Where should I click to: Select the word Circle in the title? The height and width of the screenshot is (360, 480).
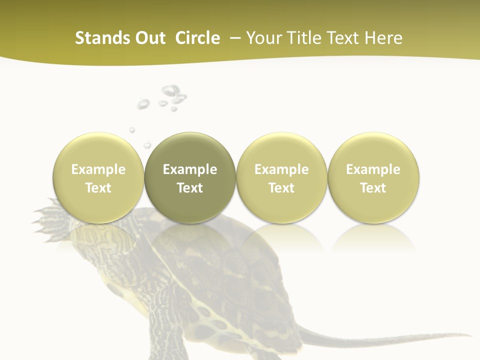point(197,38)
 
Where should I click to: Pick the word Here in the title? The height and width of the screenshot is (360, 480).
point(383,38)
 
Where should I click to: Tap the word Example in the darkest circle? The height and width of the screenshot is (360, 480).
point(190,170)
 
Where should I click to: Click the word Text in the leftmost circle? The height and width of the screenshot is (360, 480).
point(98,188)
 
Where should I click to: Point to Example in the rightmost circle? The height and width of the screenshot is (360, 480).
point(373,170)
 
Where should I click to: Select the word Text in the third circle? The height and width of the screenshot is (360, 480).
point(281,188)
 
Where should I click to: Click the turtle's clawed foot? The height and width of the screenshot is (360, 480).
point(50,212)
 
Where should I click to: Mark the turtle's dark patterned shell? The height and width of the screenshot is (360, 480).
point(240,270)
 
